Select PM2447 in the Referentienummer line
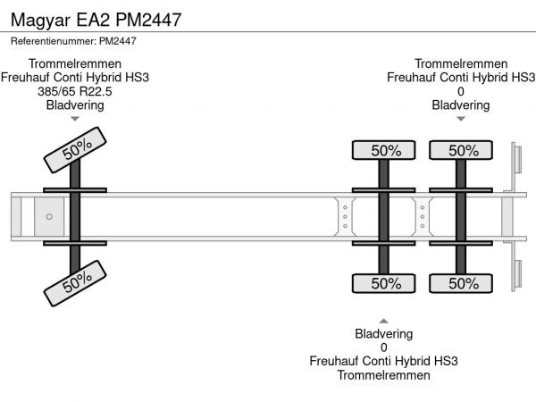[x=117, y=41]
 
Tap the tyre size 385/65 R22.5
[x=75, y=91]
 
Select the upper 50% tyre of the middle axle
[x=385, y=151]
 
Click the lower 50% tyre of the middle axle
[x=385, y=283]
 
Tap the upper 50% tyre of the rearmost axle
[x=462, y=151]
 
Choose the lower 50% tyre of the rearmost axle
[x=462, y=283]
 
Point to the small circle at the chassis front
[x=49, y=217]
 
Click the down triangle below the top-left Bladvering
[x=75, y=119]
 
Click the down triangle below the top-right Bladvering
[x=461, y=119]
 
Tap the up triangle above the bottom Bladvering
[x=384, y=321]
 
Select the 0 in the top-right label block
[x=461, y=91]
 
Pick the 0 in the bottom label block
[x=384, y=348]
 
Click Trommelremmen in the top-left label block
[x=75, y=63]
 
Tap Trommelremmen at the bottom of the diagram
[x=384, y=375]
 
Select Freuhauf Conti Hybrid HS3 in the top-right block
[x=461, y=77]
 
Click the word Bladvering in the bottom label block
[x=384, y=334]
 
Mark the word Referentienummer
[x=52, y=41]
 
